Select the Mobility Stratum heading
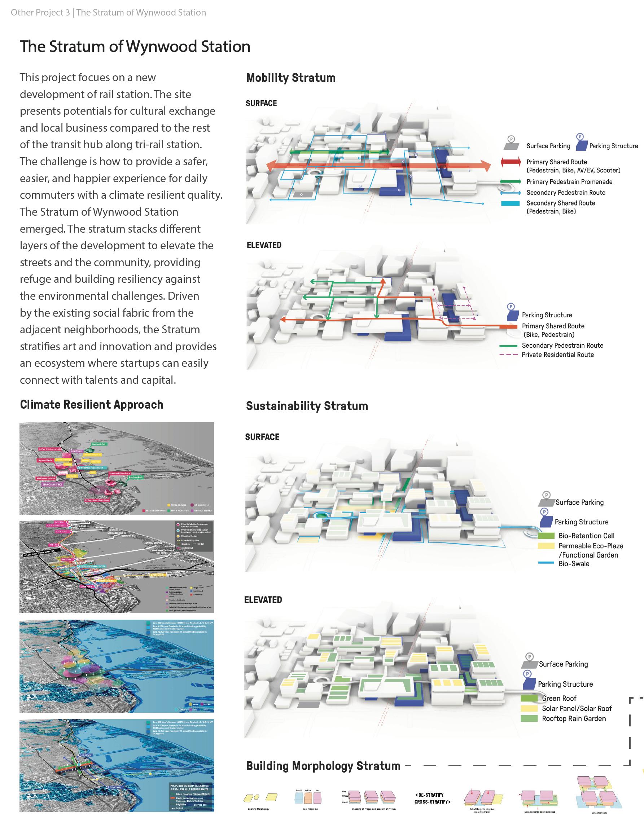click(x=291, y=78)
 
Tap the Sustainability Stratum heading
click(x=307, y=406)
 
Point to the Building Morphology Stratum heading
click(x=323, y=766)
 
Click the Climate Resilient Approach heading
click(x=91, y=404)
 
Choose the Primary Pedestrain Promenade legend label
click(x=569, y=182)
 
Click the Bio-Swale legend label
click(x=574, y=563)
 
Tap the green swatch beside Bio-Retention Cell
click(x=546, y=535)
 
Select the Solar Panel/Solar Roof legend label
click(x=576, y=708)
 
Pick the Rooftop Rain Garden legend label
click(x=574, y=718)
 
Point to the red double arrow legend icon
click(x=511, y=162)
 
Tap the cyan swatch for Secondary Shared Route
click(x=511, y=203)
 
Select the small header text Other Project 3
click(x=40, y=13)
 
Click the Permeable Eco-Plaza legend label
click(x=591, y=546)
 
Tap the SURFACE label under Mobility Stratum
click(x=261, y=103)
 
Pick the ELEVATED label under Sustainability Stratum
click(x=263, y=600)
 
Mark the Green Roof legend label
click(x=559, y=698)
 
